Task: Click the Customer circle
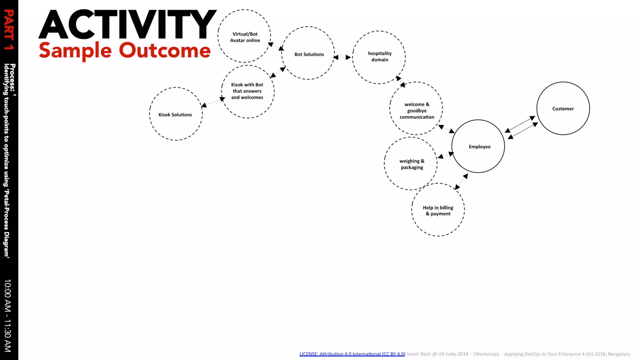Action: click(563, 108)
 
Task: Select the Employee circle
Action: click(478, 146)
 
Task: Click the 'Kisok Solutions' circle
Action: click(176, 114)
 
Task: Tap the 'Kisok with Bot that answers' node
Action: click(247, 91)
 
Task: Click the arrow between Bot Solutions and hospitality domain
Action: click(342, 57)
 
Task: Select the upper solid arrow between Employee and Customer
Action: click(520, 124)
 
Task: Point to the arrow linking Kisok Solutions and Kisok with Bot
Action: click(213, 102)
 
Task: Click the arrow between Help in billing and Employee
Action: click(461, 182)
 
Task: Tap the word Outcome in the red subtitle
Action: click(165, 50)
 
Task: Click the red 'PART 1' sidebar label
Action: click(9, 30)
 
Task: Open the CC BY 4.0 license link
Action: click(352, 354)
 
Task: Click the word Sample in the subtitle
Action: click(75, 51)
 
